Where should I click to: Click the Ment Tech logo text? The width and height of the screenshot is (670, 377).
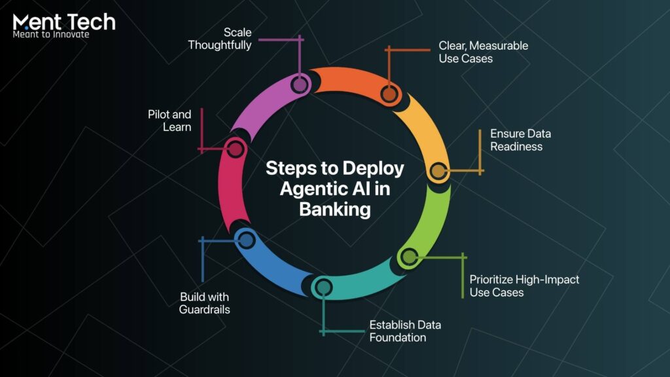click(64, 21)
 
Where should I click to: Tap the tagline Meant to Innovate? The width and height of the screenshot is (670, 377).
click(51, 34)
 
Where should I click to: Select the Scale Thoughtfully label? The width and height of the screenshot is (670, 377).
click(220, 39)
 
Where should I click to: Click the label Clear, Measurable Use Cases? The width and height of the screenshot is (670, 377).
click(483, 52)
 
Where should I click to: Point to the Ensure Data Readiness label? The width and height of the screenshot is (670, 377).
click(520, 140)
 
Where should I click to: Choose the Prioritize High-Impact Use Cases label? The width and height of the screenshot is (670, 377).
click(524, 286)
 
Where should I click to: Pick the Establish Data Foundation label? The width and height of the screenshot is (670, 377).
click(405, 331)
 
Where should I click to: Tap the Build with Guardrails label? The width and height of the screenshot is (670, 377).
click(205, 303)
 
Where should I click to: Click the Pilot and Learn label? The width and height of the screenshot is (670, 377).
click(169, 121)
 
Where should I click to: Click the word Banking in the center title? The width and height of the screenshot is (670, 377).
click(335, 209)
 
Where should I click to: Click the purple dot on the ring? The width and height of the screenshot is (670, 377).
click(299, 84)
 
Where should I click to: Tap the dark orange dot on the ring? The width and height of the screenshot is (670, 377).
click(389, 94)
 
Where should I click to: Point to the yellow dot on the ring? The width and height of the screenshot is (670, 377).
click(437, 171)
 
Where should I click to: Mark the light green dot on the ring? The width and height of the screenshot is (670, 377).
click(408, 257)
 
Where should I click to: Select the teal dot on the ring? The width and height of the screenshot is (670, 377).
click(322, 286)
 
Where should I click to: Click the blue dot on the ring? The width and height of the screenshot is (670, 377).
click(245, 240)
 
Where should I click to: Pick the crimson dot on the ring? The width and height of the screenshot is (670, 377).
click(234, 149)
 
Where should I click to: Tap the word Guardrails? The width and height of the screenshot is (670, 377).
click(205, 310)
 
